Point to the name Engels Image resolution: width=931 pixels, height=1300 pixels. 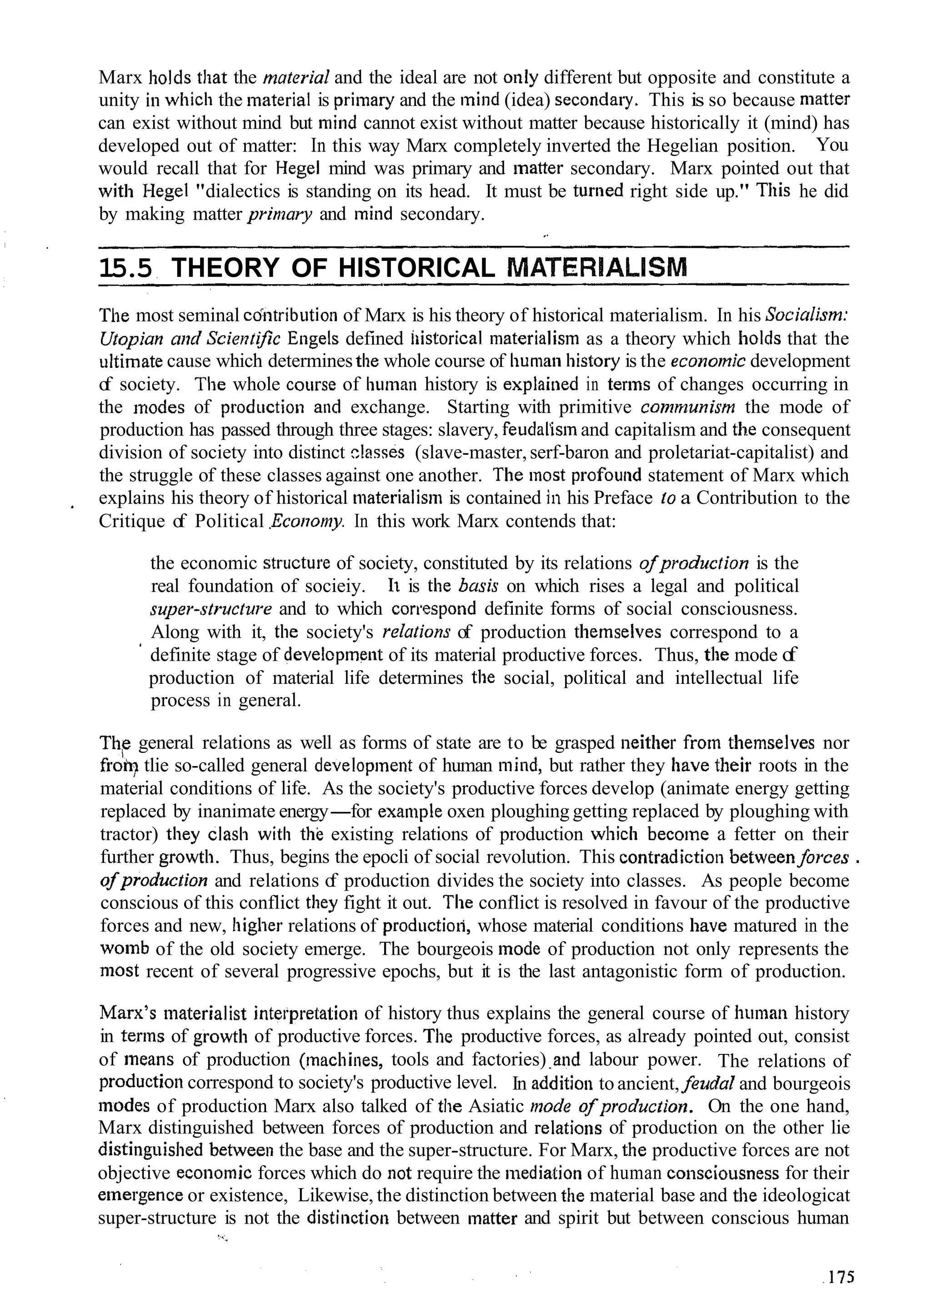click(313, 339)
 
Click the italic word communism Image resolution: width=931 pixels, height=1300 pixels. click(686, 407)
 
